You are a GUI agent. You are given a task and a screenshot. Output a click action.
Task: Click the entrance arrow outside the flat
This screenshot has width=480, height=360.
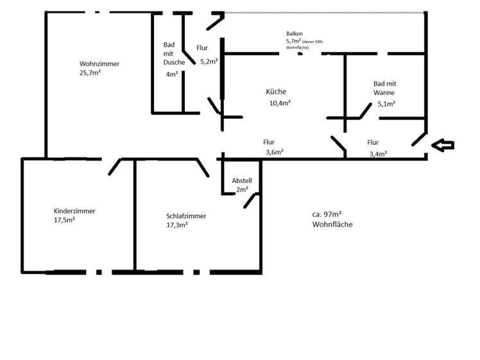443,145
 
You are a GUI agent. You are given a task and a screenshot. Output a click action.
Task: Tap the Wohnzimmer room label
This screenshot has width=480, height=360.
99,64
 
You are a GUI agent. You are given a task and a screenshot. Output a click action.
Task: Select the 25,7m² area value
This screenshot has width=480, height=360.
90,73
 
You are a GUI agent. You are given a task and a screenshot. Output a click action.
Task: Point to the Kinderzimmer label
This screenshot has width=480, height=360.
74,211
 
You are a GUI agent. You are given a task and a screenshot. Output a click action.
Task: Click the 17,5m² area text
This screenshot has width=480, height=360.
65,220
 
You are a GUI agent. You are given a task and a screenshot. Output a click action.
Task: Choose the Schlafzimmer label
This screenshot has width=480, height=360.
186,216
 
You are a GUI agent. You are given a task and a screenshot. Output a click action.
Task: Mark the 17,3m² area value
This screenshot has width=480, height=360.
177,225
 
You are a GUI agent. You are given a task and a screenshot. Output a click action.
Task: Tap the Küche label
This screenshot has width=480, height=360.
276,92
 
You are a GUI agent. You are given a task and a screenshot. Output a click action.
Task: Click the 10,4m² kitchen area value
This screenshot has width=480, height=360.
280,103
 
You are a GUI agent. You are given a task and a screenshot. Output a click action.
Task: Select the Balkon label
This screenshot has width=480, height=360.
295,33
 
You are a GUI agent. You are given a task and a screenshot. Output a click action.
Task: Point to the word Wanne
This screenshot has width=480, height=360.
384,92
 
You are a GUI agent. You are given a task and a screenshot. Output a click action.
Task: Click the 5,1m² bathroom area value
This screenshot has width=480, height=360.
386,104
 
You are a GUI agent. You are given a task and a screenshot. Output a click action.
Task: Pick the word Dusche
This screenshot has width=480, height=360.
174,62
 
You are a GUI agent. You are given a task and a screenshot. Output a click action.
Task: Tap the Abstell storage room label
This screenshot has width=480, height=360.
242,180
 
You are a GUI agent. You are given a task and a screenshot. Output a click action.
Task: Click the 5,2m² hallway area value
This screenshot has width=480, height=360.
209,61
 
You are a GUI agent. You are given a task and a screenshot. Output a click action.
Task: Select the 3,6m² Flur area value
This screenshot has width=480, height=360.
275,152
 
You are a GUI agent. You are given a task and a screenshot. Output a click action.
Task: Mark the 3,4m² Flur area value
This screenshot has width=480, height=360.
379,153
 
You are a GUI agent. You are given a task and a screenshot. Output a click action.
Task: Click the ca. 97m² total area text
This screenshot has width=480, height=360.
327,214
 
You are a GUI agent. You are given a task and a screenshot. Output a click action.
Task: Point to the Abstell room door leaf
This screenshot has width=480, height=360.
250,201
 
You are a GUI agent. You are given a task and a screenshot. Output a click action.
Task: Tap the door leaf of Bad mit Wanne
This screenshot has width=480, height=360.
366,111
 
